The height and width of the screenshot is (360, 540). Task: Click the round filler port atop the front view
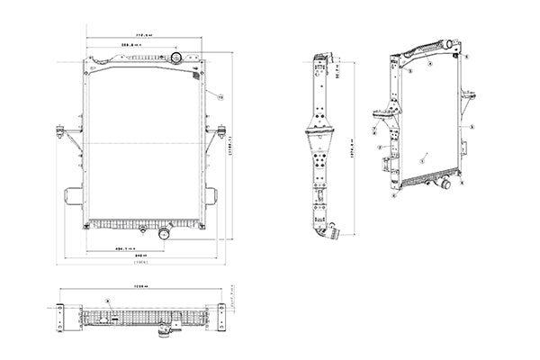point(175,58)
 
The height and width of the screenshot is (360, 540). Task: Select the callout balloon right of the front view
point(219,94)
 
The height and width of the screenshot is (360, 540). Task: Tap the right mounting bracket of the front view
point(217,131)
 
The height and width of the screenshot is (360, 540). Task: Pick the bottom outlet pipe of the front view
point(163,233)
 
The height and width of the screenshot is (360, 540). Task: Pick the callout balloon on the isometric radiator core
point(428,155)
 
